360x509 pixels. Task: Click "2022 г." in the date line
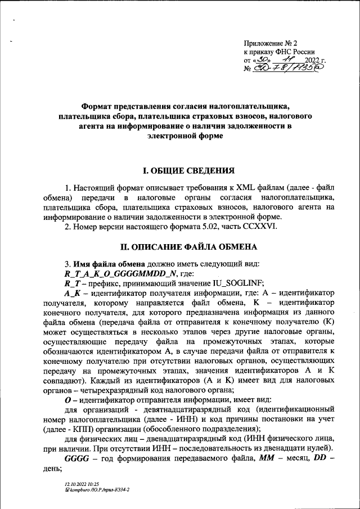coord(315,60)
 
